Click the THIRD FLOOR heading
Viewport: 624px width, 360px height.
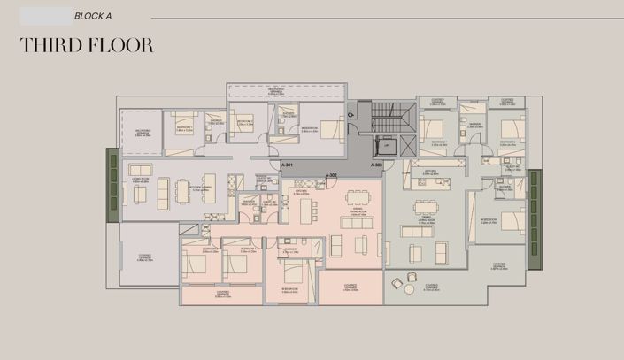[x=87, y=46]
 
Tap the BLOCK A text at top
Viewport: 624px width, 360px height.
[x=93, y=16]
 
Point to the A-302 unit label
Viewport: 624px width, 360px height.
[x=332, y=176]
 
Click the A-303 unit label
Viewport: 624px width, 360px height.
[x=378, y=165]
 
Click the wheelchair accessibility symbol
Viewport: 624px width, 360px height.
[x=351, y=114]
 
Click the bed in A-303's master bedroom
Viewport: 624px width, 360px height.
[x=512, y=221]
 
